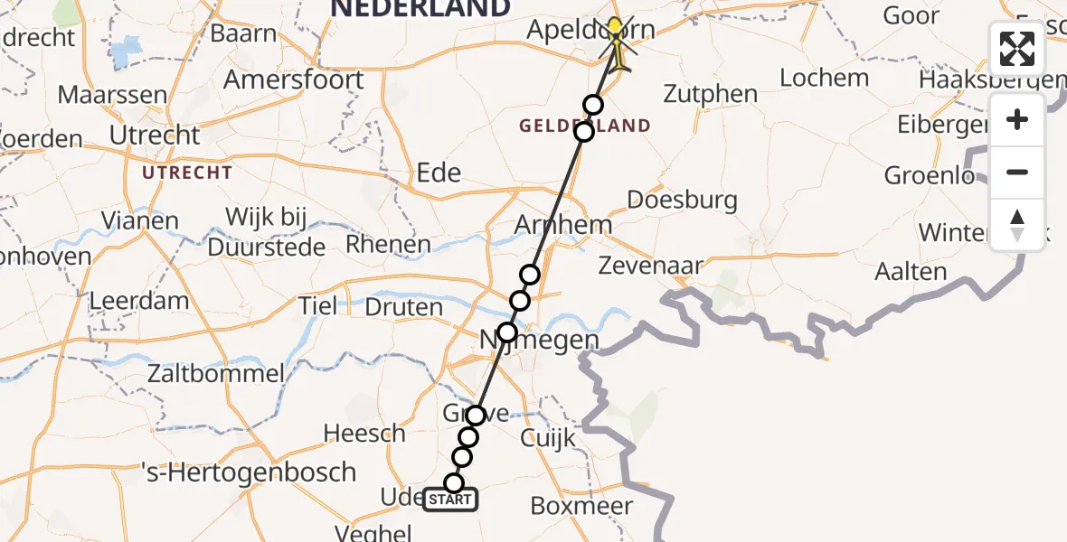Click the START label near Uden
click(x=449, y=500)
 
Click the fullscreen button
click(x=1017, y=49)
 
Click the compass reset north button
click(x=1017, y=225)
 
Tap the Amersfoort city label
click(x=294, y=79)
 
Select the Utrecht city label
click(x=155, y=135)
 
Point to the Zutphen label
click(x=711, y=93)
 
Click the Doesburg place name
click(x=682, y=200)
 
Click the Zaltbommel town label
click(x=217, y=372)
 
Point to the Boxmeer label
click(x=582, y=505)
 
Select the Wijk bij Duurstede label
click(x=266, y=231)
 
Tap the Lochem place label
click(x=824, y=78)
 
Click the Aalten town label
click(x=911, y=271)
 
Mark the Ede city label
click(x=439, y=173)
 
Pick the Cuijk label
click(x=548, y=439)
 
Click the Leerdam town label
click(x=140, y=301)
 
